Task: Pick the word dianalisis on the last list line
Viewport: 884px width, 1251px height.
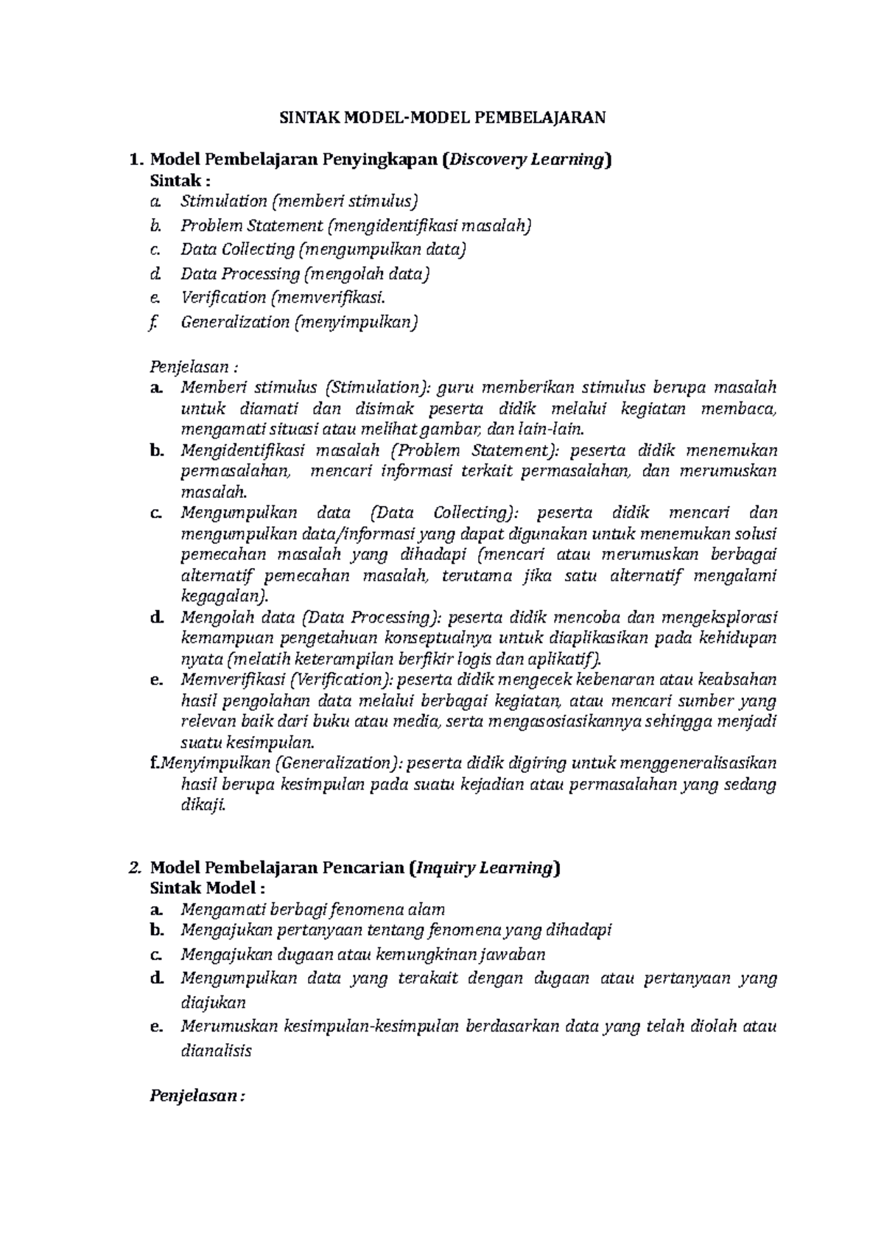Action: click(216, 1051)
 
